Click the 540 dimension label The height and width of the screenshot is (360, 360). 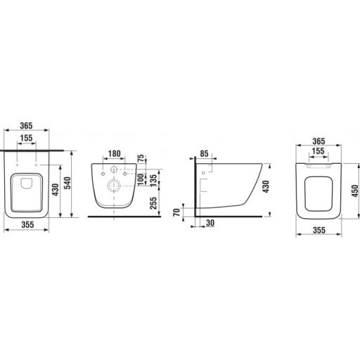tap(67, 183)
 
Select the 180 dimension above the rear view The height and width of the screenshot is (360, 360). tap(114, 154)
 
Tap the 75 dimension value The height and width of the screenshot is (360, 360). tap(141, 159)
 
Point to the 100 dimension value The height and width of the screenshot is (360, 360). tap(141, 179)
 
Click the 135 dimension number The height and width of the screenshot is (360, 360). tap(153, 181)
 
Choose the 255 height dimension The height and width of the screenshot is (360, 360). tap(153, 203)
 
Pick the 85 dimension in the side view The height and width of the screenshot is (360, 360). tap(204, 153)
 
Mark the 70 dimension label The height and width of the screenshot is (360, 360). tap(176, 212)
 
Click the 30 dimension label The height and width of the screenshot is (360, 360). tap(210, 223)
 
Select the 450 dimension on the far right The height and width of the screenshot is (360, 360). tap(355, 191)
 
